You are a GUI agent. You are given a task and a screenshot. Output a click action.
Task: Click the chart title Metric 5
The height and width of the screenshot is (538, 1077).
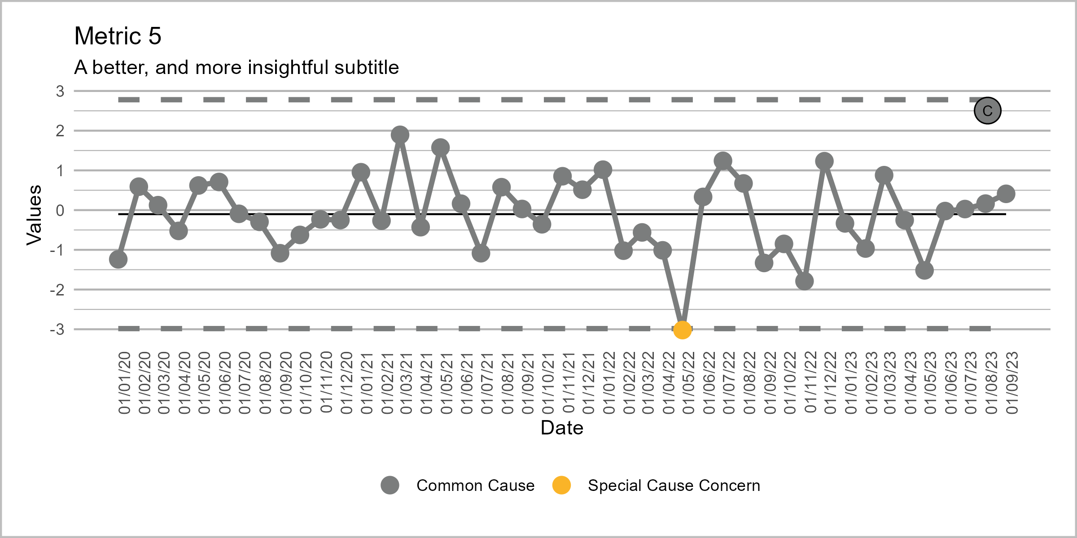[118, 36]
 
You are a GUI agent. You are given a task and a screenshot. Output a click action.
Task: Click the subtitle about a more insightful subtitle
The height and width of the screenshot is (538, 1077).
[236, 68]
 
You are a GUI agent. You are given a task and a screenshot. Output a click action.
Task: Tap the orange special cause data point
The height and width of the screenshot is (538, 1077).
[682, 330]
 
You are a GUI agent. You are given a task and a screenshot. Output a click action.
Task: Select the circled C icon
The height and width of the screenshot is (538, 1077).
[987, 111]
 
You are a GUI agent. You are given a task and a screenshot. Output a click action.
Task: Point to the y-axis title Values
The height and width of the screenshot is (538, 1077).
[34, 215]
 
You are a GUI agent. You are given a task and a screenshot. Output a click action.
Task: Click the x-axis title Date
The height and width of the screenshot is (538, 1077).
[562, 428]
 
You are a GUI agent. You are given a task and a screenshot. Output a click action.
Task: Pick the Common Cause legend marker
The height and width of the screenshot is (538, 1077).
[390, 485]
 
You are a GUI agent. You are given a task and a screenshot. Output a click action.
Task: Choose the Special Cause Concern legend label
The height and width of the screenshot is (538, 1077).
[674, 486]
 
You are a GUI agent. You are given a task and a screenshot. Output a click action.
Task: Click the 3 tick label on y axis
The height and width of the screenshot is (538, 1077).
[60, 91]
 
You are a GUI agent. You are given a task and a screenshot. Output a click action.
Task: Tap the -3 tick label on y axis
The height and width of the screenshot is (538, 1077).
[57, 330]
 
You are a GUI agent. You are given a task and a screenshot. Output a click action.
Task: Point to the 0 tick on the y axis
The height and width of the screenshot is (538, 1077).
[60, 211]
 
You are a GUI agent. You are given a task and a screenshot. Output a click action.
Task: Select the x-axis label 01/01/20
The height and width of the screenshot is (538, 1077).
[124, 383]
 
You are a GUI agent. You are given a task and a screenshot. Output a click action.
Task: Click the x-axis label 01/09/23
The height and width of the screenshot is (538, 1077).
[1012, 383]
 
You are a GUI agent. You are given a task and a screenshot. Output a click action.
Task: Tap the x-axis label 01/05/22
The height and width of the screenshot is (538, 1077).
[688, 383]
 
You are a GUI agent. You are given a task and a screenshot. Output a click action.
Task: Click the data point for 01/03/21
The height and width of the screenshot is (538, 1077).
[400, 134]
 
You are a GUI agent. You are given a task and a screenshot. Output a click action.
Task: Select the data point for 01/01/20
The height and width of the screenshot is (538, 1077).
[118, 259]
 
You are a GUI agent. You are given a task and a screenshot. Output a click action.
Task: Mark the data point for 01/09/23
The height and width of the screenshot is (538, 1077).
[1006, 194]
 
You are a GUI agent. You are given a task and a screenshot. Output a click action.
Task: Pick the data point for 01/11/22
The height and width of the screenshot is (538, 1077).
[804, 281]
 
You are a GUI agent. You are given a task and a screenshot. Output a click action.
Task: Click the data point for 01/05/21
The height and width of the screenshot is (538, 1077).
[440, 148]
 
